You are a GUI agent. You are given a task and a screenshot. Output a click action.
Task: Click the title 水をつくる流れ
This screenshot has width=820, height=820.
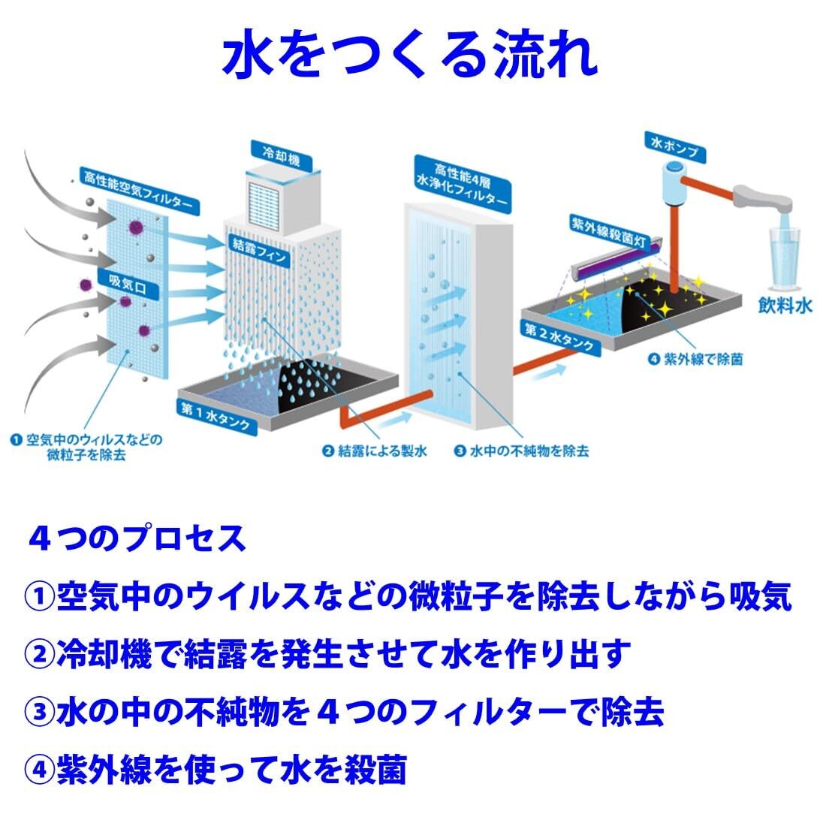coord(411,54)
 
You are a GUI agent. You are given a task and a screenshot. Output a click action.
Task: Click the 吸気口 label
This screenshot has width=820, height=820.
coord(128,285)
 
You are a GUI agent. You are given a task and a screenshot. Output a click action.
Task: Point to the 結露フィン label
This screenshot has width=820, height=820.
coord(259,250)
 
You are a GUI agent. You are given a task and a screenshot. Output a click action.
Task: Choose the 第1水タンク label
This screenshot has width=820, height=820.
coord(216,417)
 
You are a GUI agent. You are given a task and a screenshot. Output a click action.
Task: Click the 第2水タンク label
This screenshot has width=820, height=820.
coord(560,336)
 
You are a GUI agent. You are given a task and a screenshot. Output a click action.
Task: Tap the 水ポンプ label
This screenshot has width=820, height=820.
coord(675,147)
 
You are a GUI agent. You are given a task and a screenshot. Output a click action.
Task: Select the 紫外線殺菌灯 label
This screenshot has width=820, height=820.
coord(609,232)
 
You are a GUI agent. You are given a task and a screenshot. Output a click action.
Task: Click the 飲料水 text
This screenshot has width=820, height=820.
coord(785,306)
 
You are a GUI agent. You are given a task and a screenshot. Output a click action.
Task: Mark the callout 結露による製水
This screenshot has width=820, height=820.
coord(375,451)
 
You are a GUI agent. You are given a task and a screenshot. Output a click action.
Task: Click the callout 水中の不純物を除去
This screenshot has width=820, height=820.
coord(521,451)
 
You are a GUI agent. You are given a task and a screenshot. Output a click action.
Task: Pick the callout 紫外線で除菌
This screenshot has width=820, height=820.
coord(695,359)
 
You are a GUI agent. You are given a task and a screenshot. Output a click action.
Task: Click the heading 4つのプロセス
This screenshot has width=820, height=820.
coord(137,538)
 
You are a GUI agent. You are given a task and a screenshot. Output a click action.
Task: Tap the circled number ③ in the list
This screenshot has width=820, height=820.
coord(39,712)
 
